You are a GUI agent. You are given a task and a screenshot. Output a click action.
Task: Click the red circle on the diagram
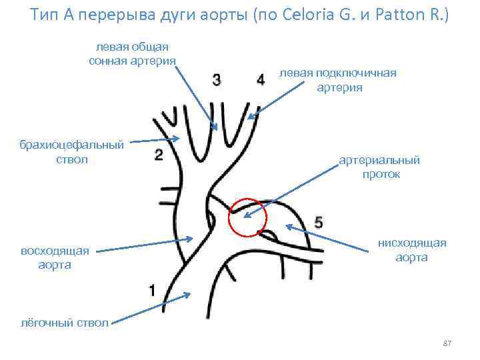click(x=247, y=217)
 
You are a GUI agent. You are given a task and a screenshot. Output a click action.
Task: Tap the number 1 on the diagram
click(x=153, y=290)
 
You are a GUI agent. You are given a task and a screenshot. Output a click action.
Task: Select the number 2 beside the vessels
click(x=158, y=155)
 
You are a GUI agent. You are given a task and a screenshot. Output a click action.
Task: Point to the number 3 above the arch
click(x=217, y=79)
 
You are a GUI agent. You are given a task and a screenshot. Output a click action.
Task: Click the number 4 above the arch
click(x=261, y=79)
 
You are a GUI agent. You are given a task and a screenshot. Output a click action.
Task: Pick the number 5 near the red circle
click(x=318, y=223)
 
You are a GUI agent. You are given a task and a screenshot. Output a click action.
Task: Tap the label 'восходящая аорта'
click(x=55, y=258)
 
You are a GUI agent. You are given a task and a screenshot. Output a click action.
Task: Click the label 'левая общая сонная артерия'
click(x=132, y=54)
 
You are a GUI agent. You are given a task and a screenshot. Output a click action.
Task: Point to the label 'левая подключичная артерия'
click(x=338, y=80)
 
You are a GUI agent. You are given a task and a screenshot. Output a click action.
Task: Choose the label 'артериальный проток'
click(x=380, y=167)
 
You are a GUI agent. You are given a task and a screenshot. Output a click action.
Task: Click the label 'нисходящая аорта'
click(x=411, y=250)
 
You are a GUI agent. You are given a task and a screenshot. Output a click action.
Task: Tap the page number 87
click(x=447, y=343)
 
